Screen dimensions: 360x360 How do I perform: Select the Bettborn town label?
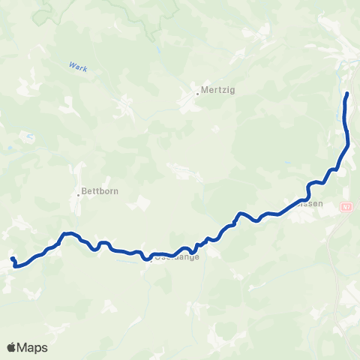pos(100,190)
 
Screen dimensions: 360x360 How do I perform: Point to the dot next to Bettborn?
pos(78,195)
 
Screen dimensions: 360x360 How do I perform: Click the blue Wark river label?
pos(78,68)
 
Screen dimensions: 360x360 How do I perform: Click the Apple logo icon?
pos(11,347)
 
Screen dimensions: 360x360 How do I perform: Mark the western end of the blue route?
pos(12,259)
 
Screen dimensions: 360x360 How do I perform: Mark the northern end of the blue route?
pos(346,94)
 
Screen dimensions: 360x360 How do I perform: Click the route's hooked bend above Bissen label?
pos(309,184)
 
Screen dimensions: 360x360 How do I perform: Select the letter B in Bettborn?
pos(85,190)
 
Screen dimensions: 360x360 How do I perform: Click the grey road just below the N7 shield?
pos(342,217)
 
